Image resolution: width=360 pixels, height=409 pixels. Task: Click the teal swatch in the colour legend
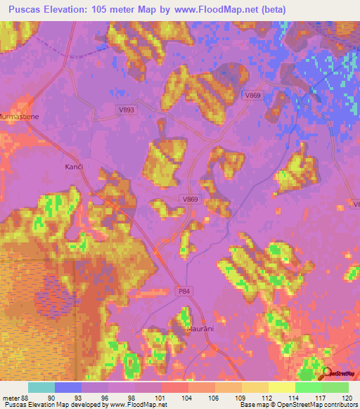pyautogui.click(x=41, y=388)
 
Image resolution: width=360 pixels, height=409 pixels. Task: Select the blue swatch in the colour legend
pyautogui.click(x=68, y=388)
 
